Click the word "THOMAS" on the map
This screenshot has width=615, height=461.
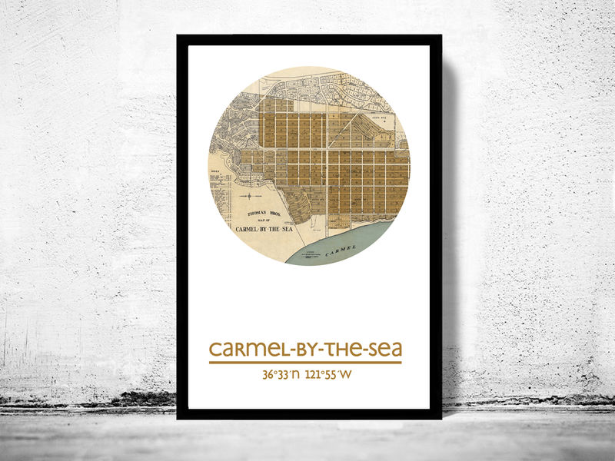tap(251, 217)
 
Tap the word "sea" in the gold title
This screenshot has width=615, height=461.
tap(382, 350)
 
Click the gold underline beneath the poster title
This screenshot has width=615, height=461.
tap(305, 362)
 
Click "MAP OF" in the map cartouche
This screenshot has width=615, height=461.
tap(262, 223)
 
